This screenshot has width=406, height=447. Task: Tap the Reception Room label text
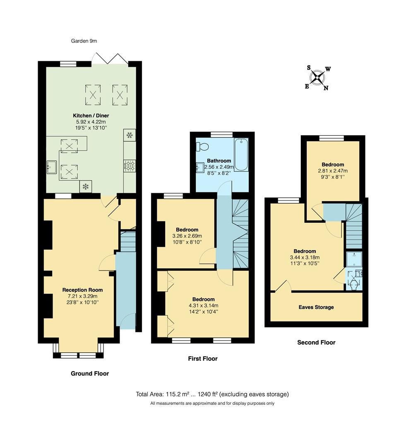[82, 290]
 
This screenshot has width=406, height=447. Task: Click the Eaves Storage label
[316, 307]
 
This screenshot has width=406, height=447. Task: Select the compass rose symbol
[317, 78]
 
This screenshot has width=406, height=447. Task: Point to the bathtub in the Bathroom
[241, 155]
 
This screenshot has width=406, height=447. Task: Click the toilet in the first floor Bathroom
[203, 147]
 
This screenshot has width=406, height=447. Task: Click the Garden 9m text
[84, 41]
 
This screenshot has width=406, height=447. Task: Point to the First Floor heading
[203, 358]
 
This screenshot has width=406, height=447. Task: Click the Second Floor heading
[316, 342]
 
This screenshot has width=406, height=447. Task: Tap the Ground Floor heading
[90, 373]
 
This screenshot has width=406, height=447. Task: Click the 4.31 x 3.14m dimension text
[203, 305]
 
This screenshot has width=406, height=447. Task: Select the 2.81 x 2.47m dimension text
[333, 171]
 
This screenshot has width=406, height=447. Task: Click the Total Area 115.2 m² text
[212, 394]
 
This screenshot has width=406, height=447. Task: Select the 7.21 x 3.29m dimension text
[82, 296]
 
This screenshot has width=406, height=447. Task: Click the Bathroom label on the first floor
[219, 161]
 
